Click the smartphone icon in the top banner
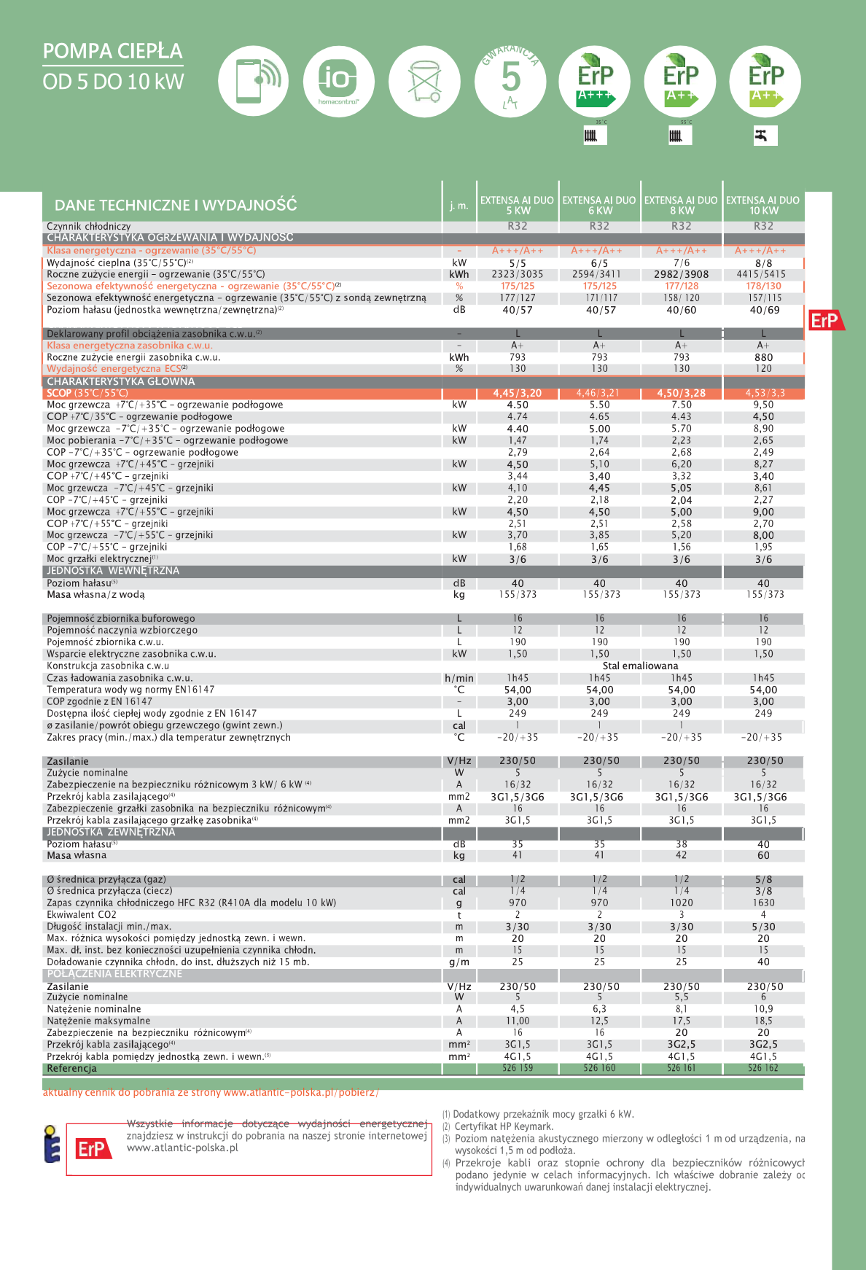[x=253, y=81]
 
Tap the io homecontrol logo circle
[x=338, y=81]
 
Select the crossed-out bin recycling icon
[x=424, y=81]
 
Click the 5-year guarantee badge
[x=510, y=81]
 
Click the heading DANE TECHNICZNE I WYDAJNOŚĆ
[x=176, y=205]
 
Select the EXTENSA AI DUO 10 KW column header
[x=763, y=205]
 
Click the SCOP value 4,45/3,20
[x=518, y=393]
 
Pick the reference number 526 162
[x=763, y=1068]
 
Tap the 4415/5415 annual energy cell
[x=763, y=274]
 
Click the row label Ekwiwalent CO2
[x=82, y=915]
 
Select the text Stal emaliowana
[x=640, y=666]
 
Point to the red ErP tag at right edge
[x=826, y=320]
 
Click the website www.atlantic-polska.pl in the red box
[x=182, y=1148]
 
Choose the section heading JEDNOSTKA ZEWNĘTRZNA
[x=111, y=832]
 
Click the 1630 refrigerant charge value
[x=763, y=903]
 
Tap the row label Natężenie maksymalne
[x=98, y=1021]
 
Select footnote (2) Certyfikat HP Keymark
[x=503, y=1126]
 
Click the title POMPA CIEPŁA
[x=113, y=51]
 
